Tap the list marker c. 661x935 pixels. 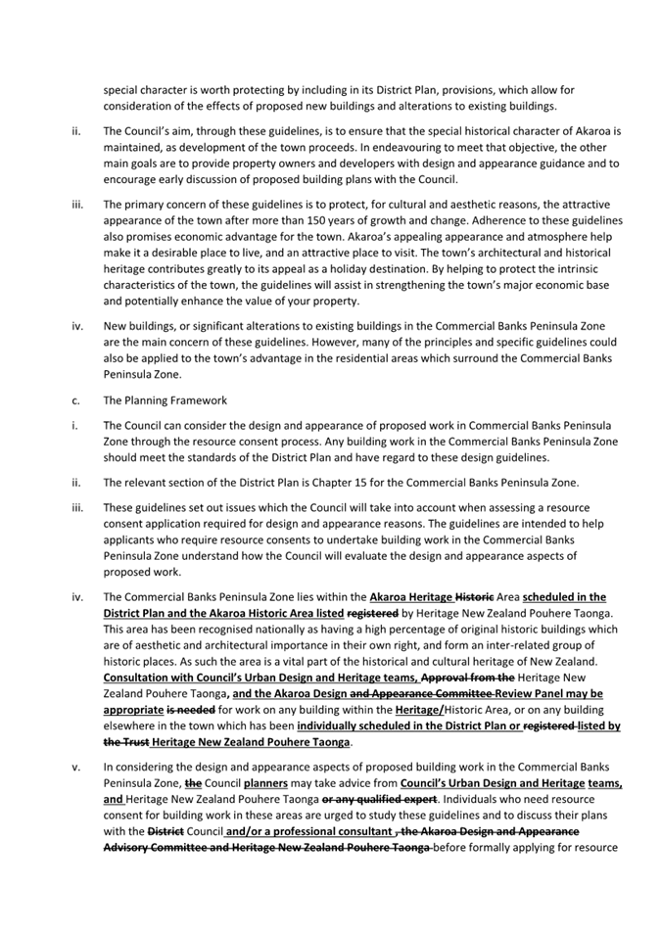[75, 399]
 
